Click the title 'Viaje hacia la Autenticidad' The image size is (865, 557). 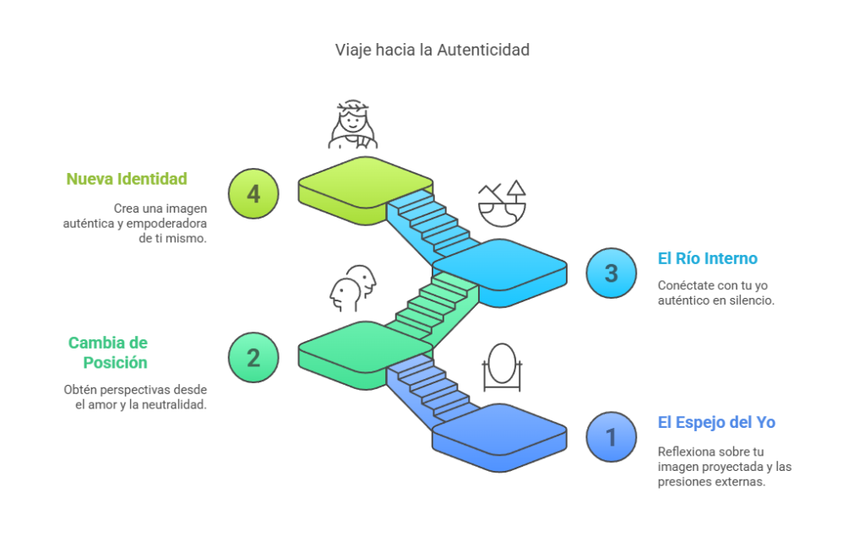pos(432,50)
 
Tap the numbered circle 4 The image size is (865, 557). pos(253,193)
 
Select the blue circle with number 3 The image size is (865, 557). pos(611,273)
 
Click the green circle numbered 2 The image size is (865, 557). pos(253,358)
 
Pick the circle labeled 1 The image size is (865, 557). pos(611,437)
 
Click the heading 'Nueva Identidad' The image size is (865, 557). pos(127,179)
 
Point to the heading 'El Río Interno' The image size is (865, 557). pos(707,258)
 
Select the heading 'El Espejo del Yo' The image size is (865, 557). pos(716,423)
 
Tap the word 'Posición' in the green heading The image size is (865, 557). pos(115,363)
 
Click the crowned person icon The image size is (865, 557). pos(353,125)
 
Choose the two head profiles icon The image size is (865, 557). pos(353,288)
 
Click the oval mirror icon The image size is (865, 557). pos(502,367)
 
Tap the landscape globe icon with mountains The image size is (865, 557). pos(502,203)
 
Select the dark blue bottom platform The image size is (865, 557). pos(499,437)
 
